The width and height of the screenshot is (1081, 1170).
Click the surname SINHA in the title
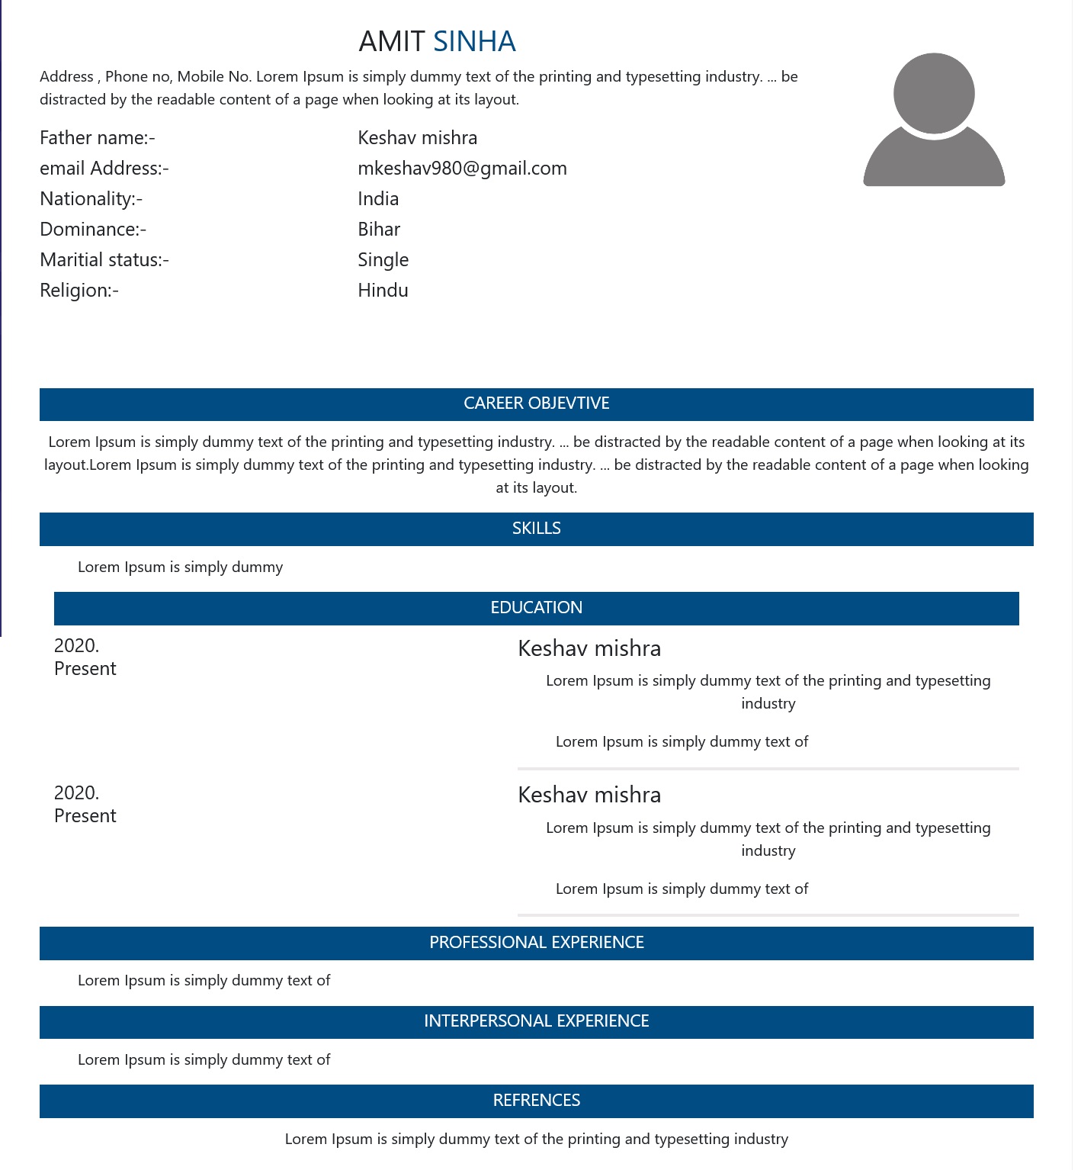(474, 41)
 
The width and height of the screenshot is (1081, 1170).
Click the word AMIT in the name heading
(391, 41)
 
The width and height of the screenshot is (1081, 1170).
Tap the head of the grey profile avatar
(934, 92)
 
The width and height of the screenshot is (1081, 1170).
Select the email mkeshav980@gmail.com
(462, 169)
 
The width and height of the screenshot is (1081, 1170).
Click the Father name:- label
(98, 138)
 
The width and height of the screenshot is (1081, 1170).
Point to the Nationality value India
(378, 199)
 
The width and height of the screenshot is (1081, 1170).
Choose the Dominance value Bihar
(379, 230)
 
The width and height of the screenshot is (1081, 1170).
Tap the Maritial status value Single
(383, 260)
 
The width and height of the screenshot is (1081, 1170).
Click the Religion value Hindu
(383, 291)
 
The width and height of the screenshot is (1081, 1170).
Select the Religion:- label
(79, 291)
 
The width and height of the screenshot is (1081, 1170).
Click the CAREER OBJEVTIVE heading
(536, 403)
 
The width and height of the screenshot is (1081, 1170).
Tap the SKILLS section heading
(536, 529)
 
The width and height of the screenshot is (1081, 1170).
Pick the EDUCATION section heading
(536, 608)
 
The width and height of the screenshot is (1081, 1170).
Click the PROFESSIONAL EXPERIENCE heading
(536, 943)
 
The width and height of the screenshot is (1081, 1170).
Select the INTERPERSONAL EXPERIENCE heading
(536, 1021)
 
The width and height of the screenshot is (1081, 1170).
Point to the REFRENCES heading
(536, 1101)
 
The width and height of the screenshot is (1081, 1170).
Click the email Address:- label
(104, 169)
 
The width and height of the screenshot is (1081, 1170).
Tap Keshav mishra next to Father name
(417, 138)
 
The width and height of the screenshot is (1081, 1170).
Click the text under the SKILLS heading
(180, 567)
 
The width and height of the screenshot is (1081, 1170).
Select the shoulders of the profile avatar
(934, 163)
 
